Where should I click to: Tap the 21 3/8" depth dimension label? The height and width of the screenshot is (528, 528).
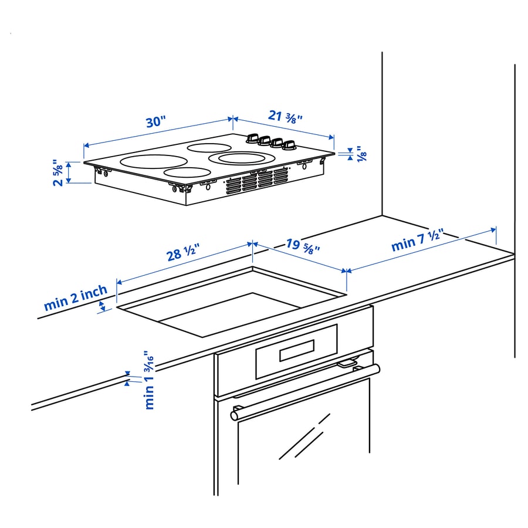[x=286, y=116]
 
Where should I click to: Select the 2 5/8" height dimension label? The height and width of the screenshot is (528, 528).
[x=57, y=172]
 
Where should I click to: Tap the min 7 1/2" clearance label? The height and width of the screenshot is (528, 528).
[x=417, y=242]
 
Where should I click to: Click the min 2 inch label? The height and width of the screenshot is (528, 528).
[x=75, y=298]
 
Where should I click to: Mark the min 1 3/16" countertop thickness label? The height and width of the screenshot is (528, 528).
[x=148, y=381]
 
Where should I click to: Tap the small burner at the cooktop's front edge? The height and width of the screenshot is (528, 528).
[x=187, y=172]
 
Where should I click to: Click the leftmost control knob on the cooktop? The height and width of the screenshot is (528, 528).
[x=253, y=138]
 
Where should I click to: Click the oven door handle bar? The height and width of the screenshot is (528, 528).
[x=305, y=391]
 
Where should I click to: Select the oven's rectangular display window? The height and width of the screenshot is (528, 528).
[x=297, y=350]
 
